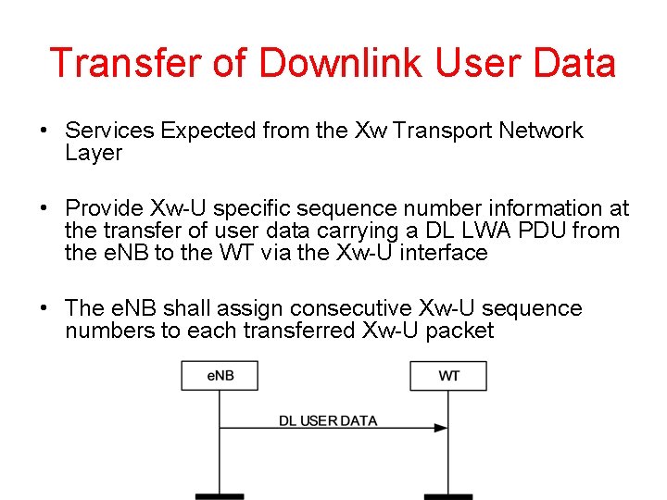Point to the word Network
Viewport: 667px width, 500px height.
point(541,131)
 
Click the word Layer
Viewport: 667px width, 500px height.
point(94,153)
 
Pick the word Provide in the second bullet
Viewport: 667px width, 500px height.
point(104,208)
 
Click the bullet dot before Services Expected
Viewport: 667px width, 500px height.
point(44,131)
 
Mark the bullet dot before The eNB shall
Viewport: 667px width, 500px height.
point(44,308)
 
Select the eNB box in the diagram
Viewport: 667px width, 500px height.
point(220,376)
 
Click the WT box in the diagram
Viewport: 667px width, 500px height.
point(448,376)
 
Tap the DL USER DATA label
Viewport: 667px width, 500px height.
point(328,420)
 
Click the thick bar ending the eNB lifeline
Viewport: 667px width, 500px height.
point(220,496)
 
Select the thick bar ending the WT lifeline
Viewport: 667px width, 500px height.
point(448,496)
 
